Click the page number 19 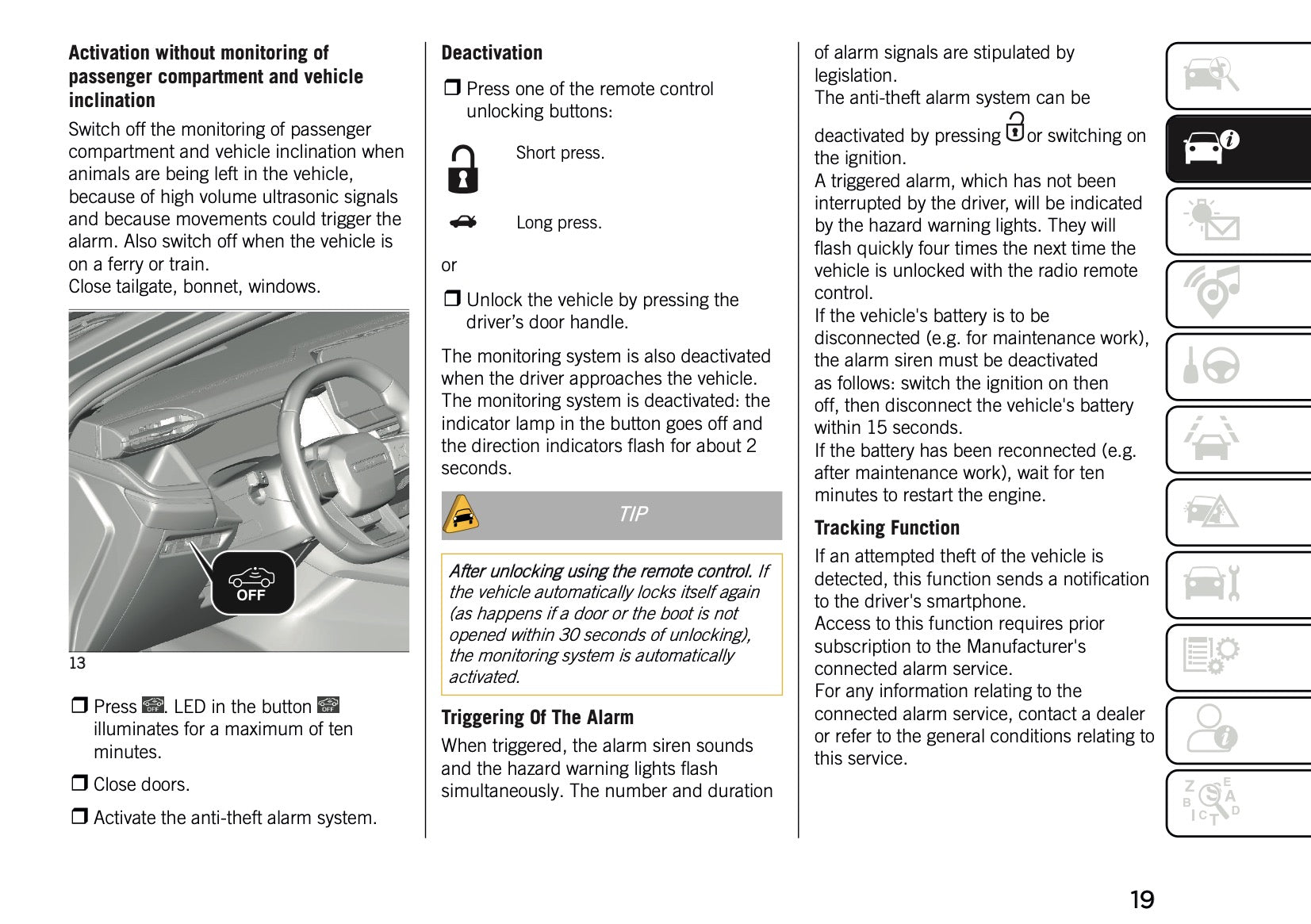[x=1141, y=899]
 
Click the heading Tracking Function [x=887, y=528]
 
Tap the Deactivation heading [x=492, y=53]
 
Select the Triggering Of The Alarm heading [x=537, y=718]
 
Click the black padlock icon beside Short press [x=463, y=170]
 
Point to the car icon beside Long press [x=463, y=222]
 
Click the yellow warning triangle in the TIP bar [x=461, y=515]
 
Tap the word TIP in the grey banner [x=633, y=515]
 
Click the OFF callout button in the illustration [x=252, y=584]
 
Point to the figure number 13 [x=77, y=663]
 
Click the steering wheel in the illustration [x=333, y=444]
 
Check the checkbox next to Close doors [x=79, y=784]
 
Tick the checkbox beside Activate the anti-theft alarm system [x=79, y=816]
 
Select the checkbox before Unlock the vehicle [x=451, y=299]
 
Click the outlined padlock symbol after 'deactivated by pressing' [x=1014, y=128]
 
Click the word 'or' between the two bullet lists [x=449, y=266]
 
